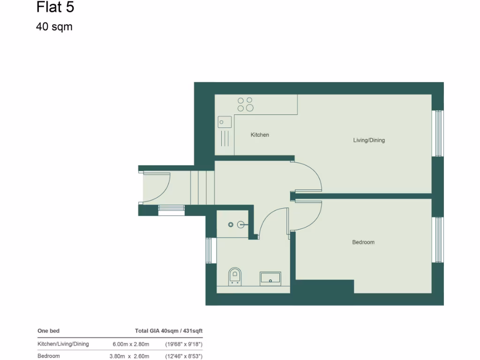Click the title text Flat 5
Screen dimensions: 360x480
tap(55, 8)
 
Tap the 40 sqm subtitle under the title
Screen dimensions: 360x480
tap(54, 27)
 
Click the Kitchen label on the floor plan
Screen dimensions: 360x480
tap(260, 135)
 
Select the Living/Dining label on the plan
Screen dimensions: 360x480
tap(369, 140)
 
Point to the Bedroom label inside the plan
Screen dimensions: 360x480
tap(363, 242)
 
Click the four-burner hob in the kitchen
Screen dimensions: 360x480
tap(245, 104)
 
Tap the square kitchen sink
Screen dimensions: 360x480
tap(224, 122)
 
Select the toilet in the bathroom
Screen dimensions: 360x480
tap(234, 276)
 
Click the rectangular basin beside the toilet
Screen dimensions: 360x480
tap(270, 278)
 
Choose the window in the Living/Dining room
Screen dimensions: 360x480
tap(438, 134)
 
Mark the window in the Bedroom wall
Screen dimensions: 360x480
tap(438, 240)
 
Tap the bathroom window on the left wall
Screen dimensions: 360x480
tap(209, 250)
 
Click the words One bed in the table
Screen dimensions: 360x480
tap(48, 331)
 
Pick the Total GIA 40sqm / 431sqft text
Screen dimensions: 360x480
tap(169, 331)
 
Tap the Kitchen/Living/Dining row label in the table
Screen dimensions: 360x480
tap(63, 344)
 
